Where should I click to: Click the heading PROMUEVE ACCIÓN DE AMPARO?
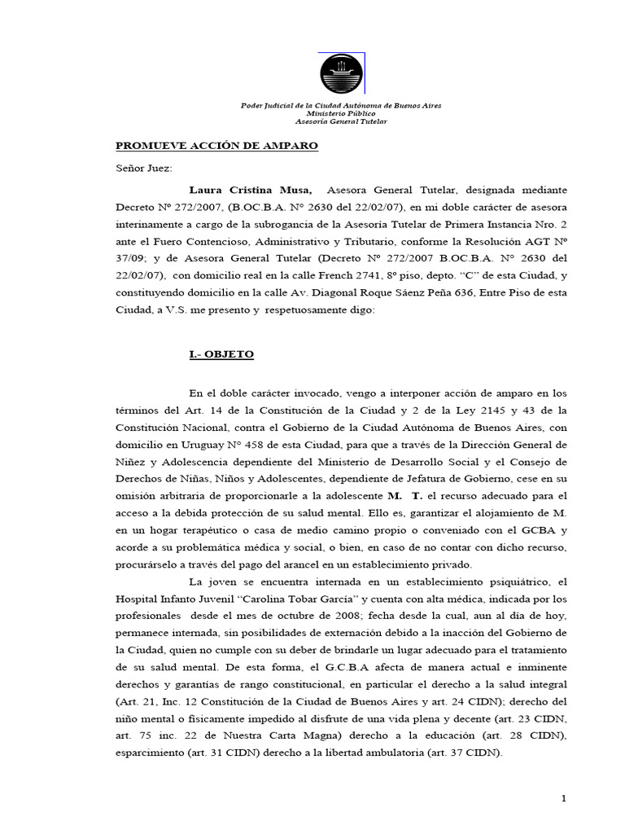[216, 146]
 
